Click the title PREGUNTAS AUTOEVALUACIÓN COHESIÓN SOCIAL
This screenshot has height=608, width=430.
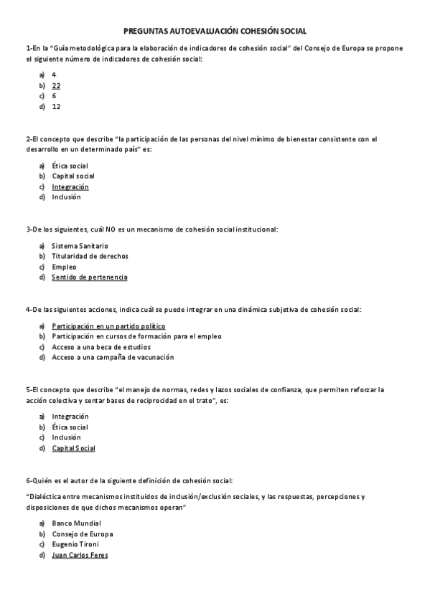click(215, 32)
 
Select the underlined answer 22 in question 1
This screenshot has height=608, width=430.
click(56, 85)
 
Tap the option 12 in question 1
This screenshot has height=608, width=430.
click(56, 106)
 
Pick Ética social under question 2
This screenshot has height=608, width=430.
click(70, 166)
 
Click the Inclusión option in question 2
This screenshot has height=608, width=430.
click(66, 197)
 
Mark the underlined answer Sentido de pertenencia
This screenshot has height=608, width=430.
click(90, 277)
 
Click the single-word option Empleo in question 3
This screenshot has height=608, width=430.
click(64, 267)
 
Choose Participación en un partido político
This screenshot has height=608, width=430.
click(103, 326)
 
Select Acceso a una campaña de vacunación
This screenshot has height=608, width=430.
click(113, 357)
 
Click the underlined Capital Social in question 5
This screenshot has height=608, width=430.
click(73, 448)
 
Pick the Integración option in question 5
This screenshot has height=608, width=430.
click(70, 416)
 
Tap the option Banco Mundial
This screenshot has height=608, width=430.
click(76, 523)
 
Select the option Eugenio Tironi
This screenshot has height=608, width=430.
click(75, 544)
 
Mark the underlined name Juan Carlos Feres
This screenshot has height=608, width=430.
click(80, 555)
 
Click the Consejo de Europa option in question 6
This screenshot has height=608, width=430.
click(83, 534)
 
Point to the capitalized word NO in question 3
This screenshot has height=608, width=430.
click(110, 229)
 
